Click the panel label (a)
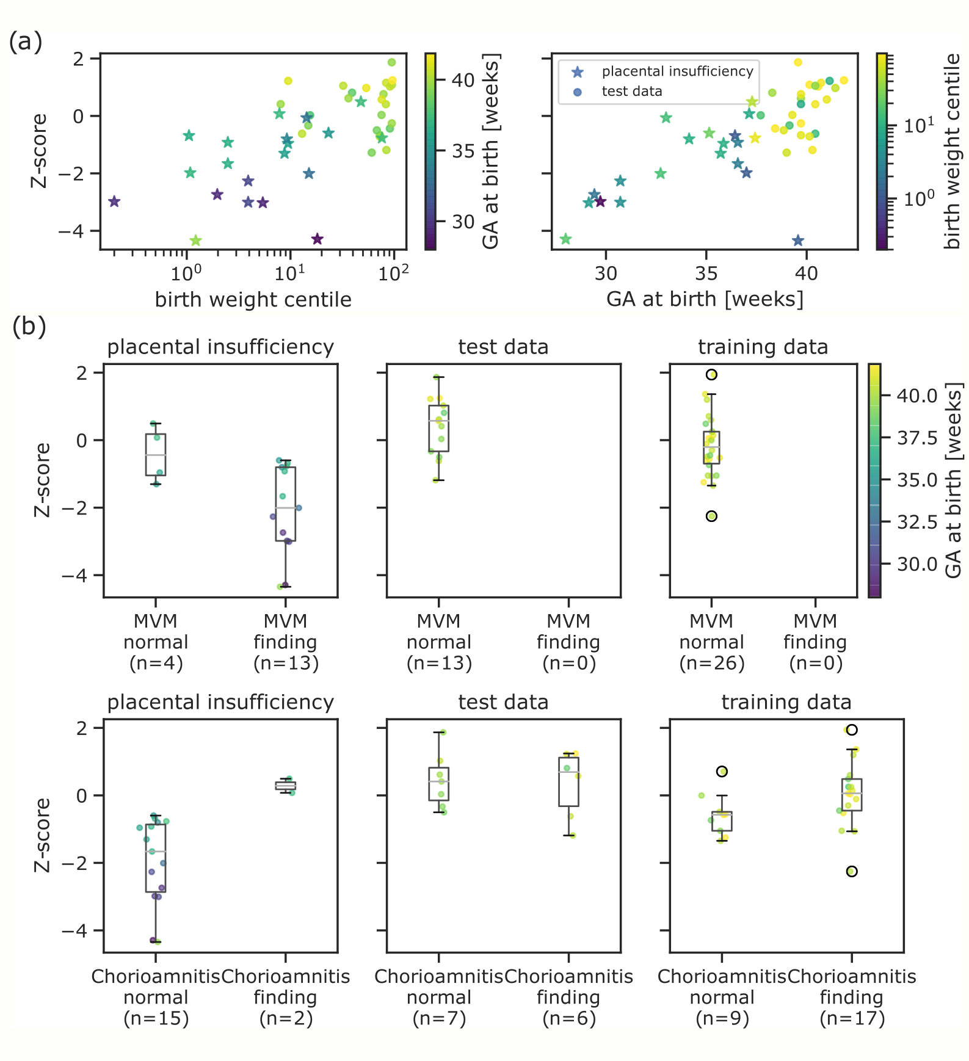pos(25,42)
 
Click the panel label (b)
pos(29,327)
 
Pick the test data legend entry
pos(631,92)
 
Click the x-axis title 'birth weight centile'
pos(253,300)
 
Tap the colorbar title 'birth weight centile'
pos(952,151)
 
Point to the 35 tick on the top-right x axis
pos(706,273)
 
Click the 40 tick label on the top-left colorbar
pos(463,80)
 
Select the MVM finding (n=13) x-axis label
pos(286,642)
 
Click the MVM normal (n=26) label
pos(711,642)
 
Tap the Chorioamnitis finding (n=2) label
pos(286,998)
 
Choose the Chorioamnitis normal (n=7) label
pos(439,998)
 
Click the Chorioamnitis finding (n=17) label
pos(852,998)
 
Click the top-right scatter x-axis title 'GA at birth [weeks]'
pos(705,299)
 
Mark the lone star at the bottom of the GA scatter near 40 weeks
pos(797,241)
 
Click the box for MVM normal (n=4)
pos(156,454)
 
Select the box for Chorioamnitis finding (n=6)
pos(568,781)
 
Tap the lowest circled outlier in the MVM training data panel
pos(711,516)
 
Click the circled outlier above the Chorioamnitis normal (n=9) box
pos(722,772)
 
